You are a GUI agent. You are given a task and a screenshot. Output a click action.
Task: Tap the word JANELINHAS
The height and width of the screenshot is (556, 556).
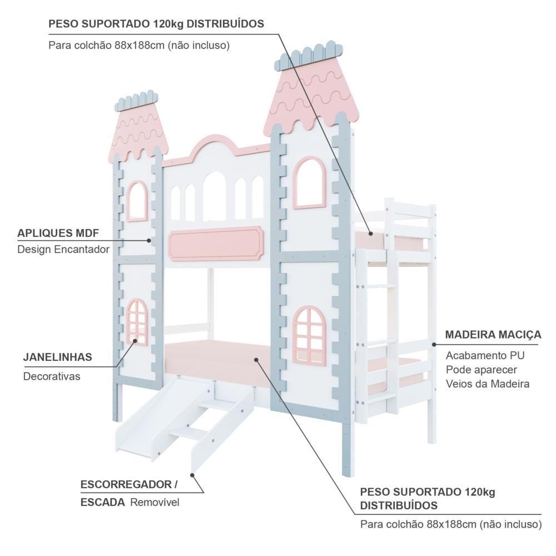57,357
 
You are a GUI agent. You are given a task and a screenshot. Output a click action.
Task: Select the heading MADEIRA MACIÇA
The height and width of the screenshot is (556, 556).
493,335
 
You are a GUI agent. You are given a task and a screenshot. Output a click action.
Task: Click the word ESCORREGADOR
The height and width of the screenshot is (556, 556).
126,484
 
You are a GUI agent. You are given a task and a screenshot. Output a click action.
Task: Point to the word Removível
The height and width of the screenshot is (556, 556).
155,503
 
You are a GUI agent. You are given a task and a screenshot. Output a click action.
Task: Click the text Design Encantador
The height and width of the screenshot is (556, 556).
63,250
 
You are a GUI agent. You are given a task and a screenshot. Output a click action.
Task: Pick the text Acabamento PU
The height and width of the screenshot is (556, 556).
485,355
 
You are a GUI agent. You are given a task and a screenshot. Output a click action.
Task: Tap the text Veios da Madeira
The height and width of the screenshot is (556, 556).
488,384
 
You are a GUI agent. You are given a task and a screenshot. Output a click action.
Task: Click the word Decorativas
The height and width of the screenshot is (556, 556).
52,376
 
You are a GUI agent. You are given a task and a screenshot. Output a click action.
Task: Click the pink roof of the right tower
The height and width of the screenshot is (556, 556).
309,95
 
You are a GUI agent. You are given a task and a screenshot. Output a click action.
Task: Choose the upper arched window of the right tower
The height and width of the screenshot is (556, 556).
310,182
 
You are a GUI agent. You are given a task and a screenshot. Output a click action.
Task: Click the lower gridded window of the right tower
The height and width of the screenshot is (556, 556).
309,335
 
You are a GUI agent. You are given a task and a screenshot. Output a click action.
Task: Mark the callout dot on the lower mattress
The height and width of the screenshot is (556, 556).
256,360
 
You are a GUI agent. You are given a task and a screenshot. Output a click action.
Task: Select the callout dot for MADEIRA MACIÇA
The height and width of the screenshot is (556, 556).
434,345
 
